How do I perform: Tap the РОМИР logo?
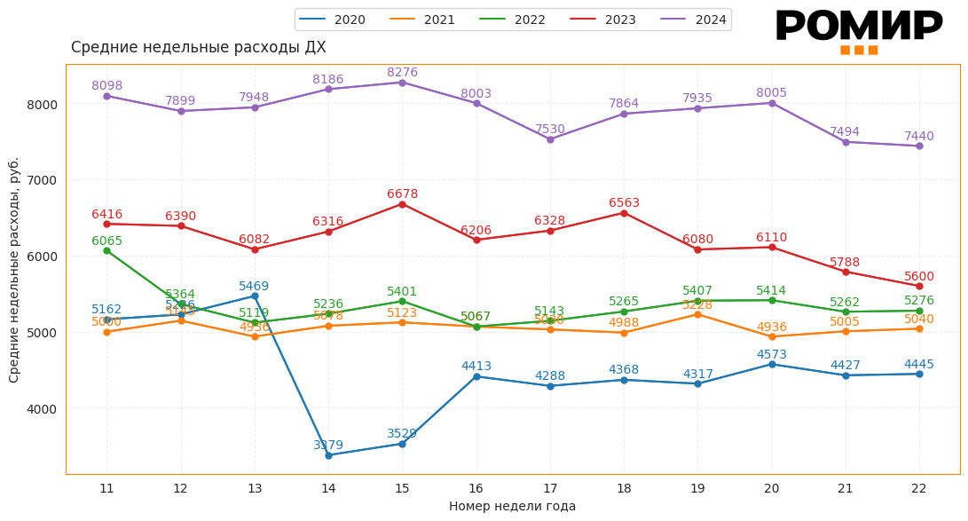(859, 28)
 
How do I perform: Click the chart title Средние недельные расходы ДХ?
(198, 48)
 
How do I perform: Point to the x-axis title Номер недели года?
(512, 506)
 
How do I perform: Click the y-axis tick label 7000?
(42, 180)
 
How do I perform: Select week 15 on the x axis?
(402, 488)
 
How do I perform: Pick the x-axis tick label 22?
(919, 488)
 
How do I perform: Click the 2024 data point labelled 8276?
(402, 83)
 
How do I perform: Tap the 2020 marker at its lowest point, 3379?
(328, 455)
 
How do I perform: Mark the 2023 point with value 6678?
(402, 204)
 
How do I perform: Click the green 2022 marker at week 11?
(106, 250)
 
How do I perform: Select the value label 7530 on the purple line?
(549, 130)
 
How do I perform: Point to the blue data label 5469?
(254, 287)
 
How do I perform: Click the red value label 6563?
(624, 203)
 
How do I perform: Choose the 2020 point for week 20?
(772, 364)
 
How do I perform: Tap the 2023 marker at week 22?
(919, 286)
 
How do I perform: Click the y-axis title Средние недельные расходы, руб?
(14, 270)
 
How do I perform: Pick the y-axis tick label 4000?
(42, 409)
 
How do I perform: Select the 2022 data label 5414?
(771, 291)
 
